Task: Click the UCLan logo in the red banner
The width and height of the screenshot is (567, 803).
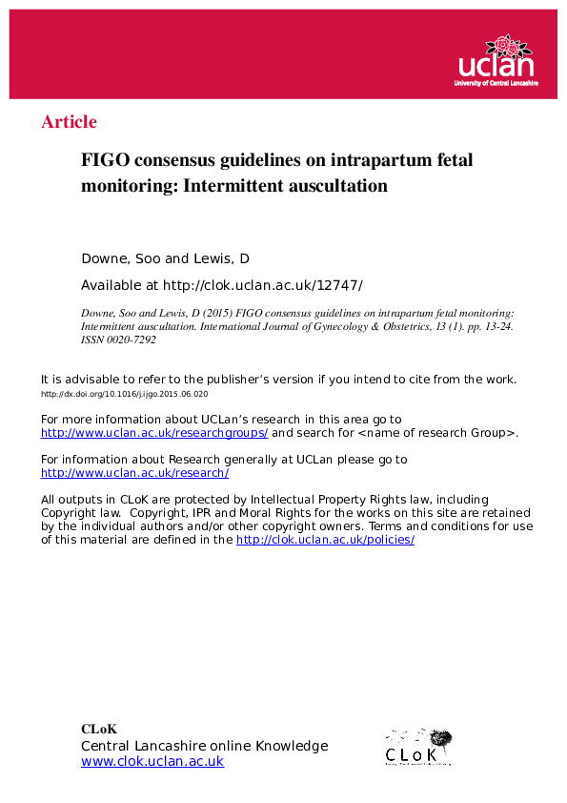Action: point(496,62)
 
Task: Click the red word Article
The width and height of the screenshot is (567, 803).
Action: point(69,122)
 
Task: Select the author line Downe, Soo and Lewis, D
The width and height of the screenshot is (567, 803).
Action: point(165,259)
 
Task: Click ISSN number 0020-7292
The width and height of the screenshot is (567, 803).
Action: point(131,339)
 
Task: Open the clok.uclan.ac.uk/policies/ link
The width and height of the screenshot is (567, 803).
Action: point(325,540)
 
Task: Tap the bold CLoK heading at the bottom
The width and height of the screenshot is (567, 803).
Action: point(98,730)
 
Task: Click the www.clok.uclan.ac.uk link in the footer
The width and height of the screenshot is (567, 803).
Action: point(152,761)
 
